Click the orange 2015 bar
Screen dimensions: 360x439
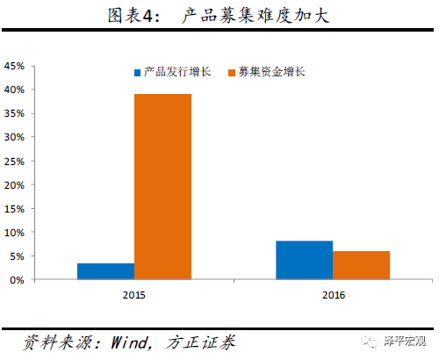(x=162, y=187)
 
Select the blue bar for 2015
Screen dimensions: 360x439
(x=105, y=271)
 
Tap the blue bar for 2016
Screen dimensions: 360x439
(x=304, y=260)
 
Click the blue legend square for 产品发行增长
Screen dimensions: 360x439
(x=138, y=72)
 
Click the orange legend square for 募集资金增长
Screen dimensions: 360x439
(x=233, y=72)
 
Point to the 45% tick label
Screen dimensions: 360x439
(x=14, y=66)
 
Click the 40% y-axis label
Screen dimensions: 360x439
(x=14, y=90)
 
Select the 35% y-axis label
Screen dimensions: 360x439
(x=14, y=113)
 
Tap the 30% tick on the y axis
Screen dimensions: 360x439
(x=14, y=137)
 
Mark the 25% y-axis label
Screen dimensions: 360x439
(x=14, y=161)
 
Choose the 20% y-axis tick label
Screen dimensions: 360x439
(x=14, y=185)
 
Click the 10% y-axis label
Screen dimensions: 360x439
(x=14, y=233)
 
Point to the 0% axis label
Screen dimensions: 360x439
(x=17, y=280)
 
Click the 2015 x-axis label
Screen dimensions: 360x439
(x=133, y=294)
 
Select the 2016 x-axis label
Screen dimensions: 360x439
(x=333, y=294)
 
